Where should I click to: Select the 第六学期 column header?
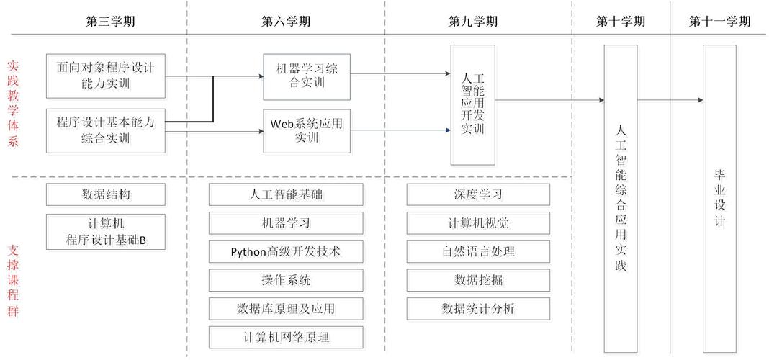click(x=286, y=21)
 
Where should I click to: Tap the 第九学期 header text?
click(x=472, y=21)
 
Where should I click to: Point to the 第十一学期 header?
click(x=719, y=21)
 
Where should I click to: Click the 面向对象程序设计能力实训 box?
click(x=105, y=76)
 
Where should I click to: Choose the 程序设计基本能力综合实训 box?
click(x=105, y=130)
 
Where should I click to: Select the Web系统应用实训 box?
click(x=307, y=130)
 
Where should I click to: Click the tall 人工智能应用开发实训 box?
click(x=473, y=104)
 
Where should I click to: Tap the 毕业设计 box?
click(x=719, y=198)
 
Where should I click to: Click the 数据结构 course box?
click(x=105, y=194)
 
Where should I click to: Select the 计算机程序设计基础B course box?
click(x=105, y=231)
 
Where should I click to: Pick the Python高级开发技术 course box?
click(x=286, y=252)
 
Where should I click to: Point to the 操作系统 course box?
click(x=286, y=280)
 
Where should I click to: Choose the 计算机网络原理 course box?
click(x=286, y=337)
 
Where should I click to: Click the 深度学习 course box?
click(x=478, y=194)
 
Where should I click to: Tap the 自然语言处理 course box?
click(x=478, y=252)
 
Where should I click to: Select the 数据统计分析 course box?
click(x=478, y=309)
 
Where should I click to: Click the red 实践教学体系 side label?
click(x=13, y=103)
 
